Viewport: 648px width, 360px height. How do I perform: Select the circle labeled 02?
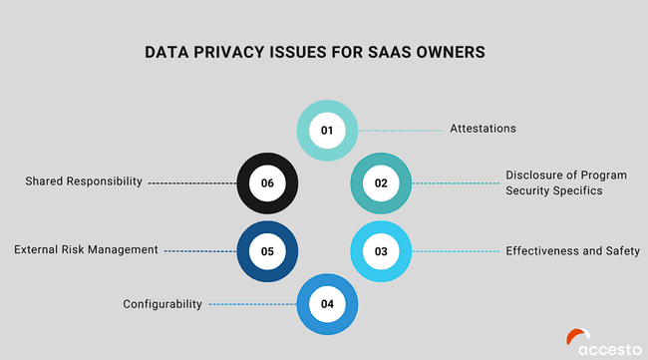point(381,182)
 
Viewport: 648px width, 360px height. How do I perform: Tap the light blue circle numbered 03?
point(381,251)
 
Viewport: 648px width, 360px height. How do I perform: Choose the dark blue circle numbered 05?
point(267,251)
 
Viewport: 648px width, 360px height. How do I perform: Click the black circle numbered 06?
point(267,182)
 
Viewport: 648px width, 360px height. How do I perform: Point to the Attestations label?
point(483,130)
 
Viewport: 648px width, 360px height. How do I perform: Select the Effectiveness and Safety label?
point(572,250)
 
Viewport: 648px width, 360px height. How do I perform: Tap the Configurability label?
point(162,303)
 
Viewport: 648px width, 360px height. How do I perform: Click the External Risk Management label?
point(86,249)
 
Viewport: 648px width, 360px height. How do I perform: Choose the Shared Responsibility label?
point(84,181)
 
